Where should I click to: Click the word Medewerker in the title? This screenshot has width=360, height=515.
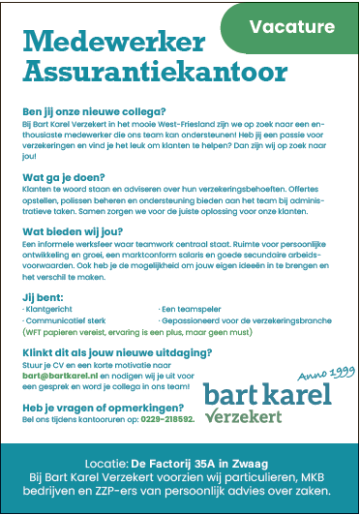tap(114, 43)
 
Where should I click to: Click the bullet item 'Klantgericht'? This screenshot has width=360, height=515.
tap(45, 307)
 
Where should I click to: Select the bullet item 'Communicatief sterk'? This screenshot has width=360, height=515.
tap(59, 318)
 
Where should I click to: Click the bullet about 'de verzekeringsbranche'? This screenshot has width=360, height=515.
tap(232, 318)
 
